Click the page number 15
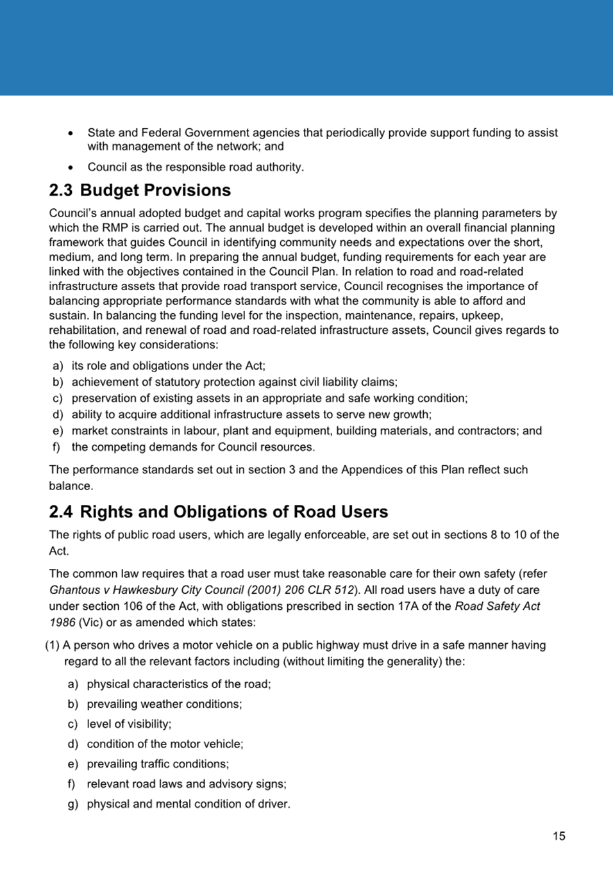coord(558,836)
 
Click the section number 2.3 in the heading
coord(61,190)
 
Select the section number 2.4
coord(61,512)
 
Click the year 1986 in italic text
coord(62,623)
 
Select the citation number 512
coord(343,590)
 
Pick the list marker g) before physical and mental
coord(72,804)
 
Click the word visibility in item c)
coord(147,724)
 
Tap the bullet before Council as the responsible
coord(71,167)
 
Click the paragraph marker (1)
coord(52,645)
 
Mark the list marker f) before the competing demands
coord(56,447)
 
